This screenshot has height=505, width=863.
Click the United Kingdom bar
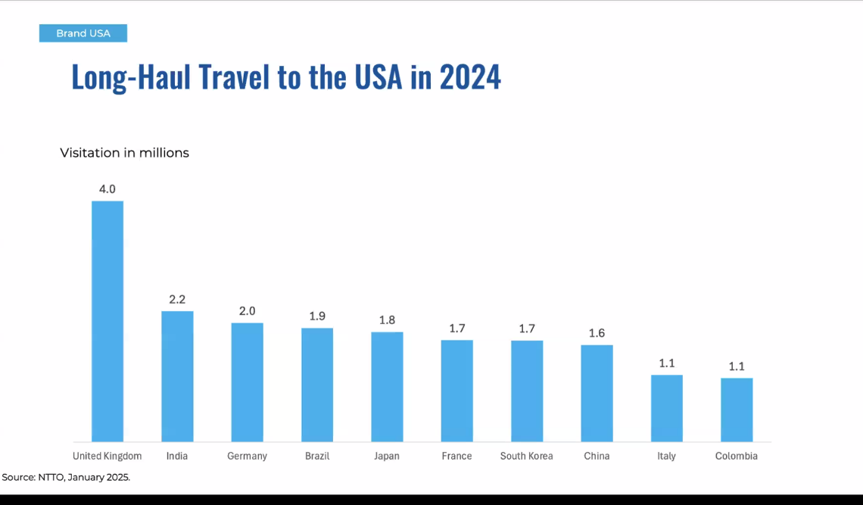click(107, 321)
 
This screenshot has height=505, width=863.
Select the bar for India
click(177, 376)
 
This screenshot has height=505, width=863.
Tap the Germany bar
click(247, 382)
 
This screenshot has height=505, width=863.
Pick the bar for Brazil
click(317, 385)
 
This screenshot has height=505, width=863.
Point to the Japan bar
click(387, 387)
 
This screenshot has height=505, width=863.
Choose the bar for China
click(597, 393)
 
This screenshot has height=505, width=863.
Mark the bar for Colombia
click(737, 410)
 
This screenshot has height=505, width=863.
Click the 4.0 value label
click(107, 189)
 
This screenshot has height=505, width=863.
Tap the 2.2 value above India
click(177, 299)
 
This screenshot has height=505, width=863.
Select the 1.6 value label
click(597, 333)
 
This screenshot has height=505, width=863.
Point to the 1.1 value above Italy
click(667, 363)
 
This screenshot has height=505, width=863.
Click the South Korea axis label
click(526, 456)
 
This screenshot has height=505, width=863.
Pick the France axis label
click(456, 456)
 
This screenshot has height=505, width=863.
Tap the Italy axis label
click(666, 456)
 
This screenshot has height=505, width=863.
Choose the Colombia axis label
click(736, 456)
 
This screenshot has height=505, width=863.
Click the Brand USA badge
click(83, 33)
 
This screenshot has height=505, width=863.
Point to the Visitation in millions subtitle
click(124, 153)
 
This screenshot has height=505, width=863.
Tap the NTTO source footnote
click(66, 478)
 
